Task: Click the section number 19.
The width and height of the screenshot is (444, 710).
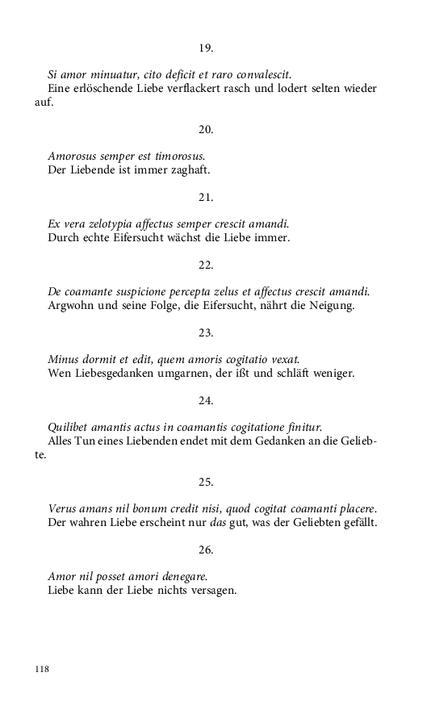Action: pyautogui.click(x=206, y=48)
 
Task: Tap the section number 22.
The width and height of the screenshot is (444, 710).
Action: pyautogui.click(x=206, y=265)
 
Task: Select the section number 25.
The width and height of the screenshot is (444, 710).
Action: pyautogui.click(x=206, y=482)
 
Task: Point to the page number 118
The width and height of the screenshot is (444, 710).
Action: pyautogui.click(x=42, y=669)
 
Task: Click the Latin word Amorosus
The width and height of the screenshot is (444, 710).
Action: pyautogui.click(x=74, y=156)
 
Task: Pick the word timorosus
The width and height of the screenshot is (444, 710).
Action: pyautogui.click(x=178, y=156)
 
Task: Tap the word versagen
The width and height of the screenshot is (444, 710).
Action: pyautogui.click(x=212, y=590)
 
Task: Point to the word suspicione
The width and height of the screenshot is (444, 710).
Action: pyautogui.click(x=158, y=291)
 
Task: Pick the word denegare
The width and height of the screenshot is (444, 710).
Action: pyautogui.click(x=181, y=576)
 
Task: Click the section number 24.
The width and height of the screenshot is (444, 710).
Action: pyautogui.click(x=206, y=400)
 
